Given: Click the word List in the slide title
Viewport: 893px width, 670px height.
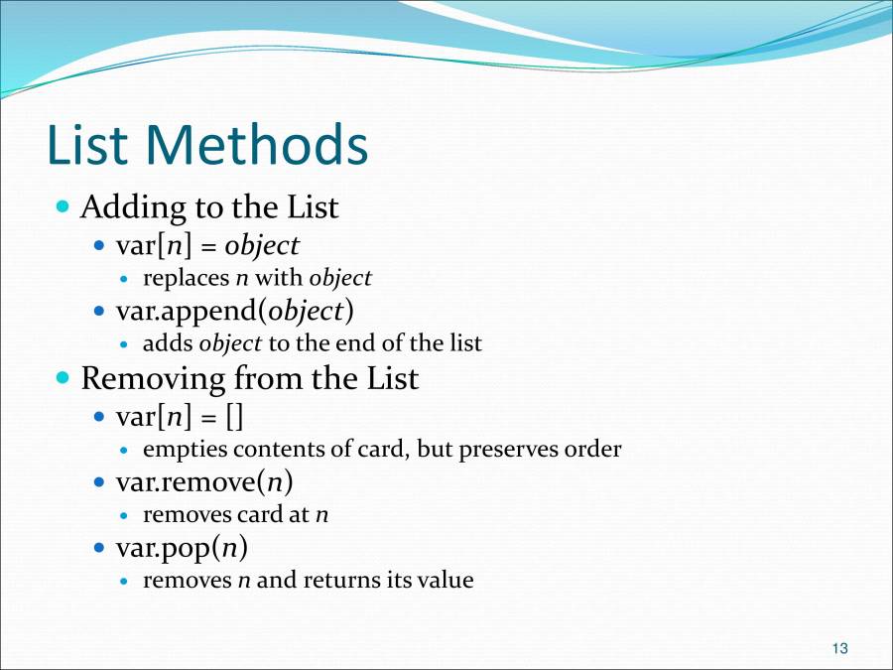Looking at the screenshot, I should click(x=87, y=145).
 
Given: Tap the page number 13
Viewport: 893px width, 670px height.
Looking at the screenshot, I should click(x=839, y=649).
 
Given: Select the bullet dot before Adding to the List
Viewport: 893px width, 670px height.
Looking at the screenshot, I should click(x=64, y=208).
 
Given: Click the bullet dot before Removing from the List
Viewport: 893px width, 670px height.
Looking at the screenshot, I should click(x=64, y=378).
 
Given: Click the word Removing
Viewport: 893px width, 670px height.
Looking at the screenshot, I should click(x=153, y=378).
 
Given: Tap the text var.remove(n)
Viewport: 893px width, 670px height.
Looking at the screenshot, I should click(x=204, y=481).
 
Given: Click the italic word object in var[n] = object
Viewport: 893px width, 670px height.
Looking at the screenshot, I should click(x=263, y=244).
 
